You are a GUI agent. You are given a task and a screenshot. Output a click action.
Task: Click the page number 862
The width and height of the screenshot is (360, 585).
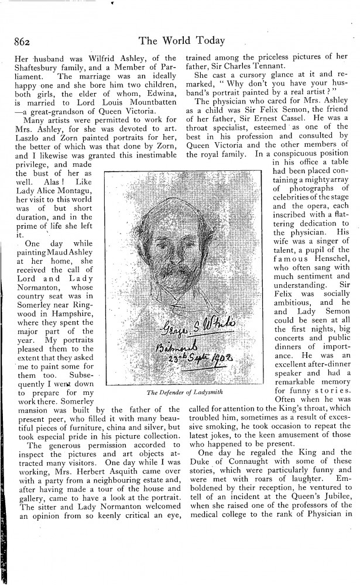point(20,42)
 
